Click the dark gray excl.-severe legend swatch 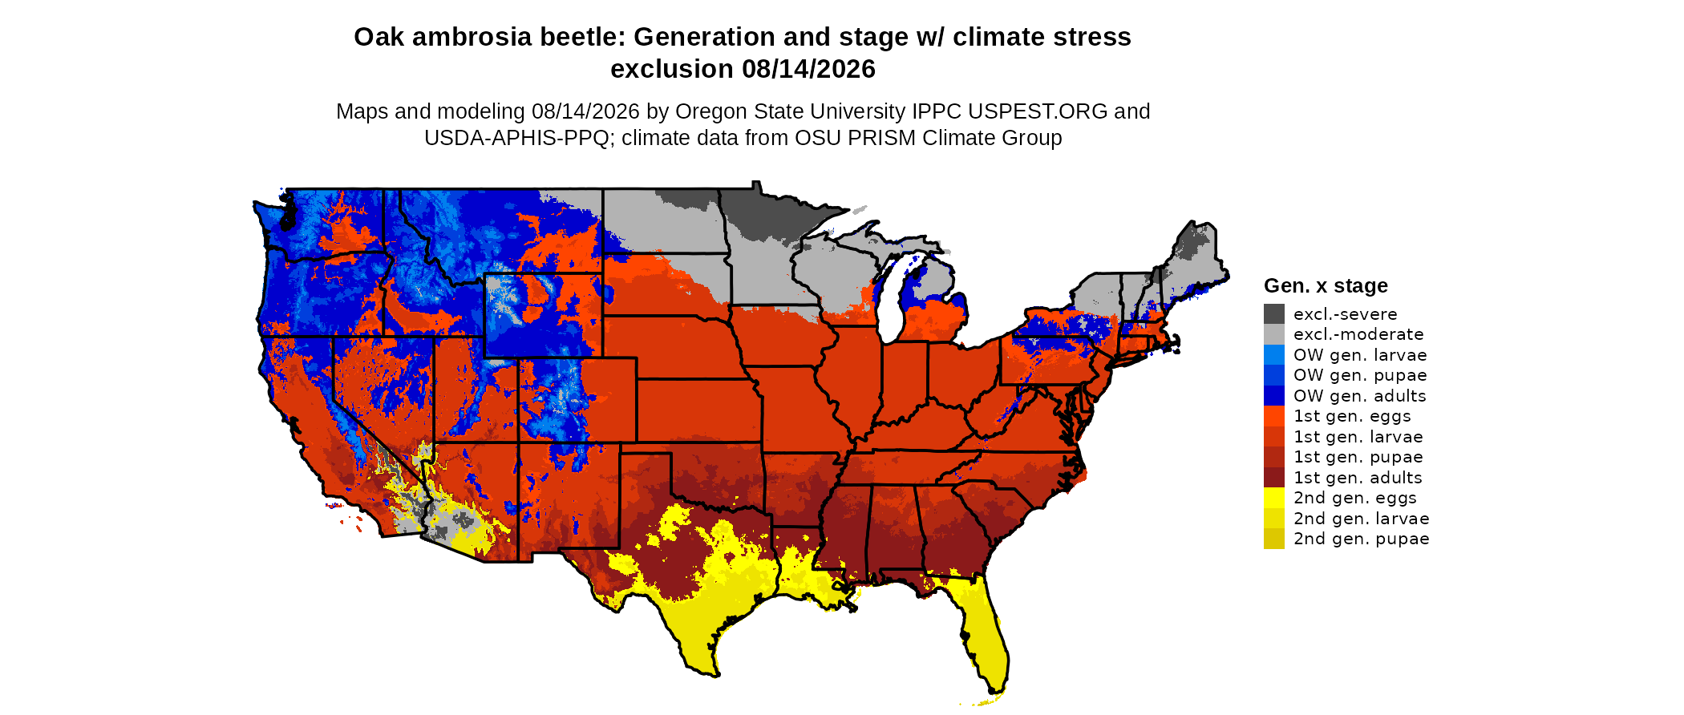click(x=1273, y=313)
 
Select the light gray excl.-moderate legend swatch click(x=1273, y=334)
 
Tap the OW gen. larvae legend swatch click(x=1273, y=354)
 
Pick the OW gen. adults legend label click(x=1359, y=396)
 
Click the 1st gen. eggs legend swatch click(x=1273, y=416)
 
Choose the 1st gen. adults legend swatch click(x=1273, y=477)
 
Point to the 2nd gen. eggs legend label click(x=1354, y=498)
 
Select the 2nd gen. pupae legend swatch click(x=1273, y=539)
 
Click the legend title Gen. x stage click(x=1326, y=285)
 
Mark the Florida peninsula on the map click(x=983, y=633)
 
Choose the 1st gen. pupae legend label click(x=1358, y=457)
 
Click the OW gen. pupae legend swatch click(x=1273, y=375)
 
